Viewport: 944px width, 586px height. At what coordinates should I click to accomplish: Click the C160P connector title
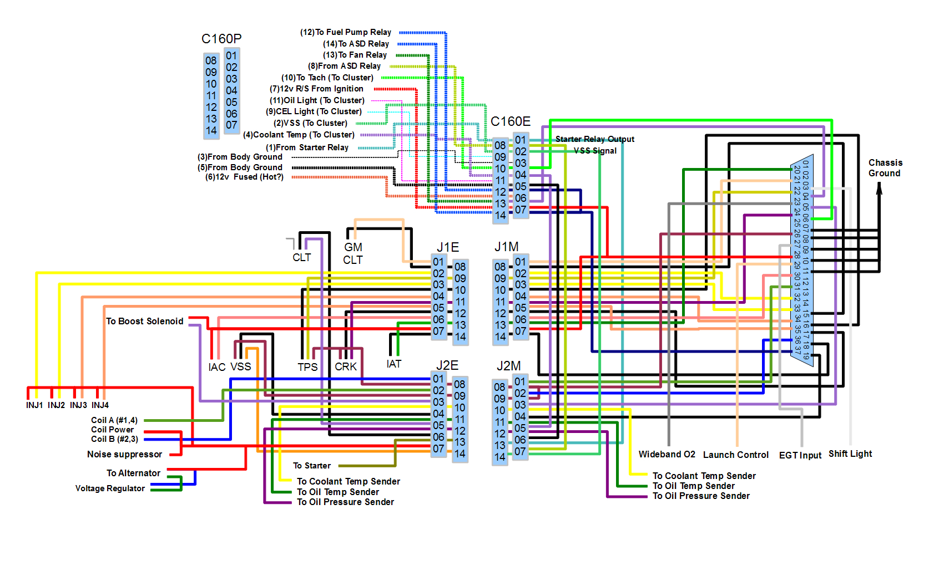(221, 39)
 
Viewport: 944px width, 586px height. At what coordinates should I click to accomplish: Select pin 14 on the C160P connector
(211, 130)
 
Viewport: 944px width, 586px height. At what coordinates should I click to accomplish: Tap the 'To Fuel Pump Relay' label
(346, 32)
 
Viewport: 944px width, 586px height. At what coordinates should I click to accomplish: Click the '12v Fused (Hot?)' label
(244, 177)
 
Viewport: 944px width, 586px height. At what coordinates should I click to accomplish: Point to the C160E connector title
(510, 121)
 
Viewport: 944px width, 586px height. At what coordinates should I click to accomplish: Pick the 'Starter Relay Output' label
(594, 139)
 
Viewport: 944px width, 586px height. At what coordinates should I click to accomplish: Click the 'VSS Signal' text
(595, 151)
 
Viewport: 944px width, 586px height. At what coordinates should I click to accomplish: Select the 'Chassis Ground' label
(885, 168)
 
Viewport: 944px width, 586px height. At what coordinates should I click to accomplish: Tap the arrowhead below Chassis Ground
(879, 188)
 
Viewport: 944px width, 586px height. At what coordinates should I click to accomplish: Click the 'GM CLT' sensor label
(353, 253)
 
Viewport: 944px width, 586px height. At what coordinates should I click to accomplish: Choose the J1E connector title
(447, 247)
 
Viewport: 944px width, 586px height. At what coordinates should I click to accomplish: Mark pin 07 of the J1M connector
(520, 331)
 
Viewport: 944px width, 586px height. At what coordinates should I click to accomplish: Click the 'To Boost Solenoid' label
(144, 322)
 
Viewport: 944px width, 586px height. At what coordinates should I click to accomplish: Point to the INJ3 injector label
(78, 405)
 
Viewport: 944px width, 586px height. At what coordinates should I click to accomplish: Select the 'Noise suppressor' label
(124, 455)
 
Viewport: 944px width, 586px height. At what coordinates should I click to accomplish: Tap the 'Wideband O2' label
(667, 455)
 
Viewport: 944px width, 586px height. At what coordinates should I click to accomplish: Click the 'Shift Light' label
(850, 454)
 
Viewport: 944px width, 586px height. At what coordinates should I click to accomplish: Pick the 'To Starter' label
(311, 466)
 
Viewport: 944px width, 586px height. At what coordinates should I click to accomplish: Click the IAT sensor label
(393, 364)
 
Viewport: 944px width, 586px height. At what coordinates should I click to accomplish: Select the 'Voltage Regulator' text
(110, 488)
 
